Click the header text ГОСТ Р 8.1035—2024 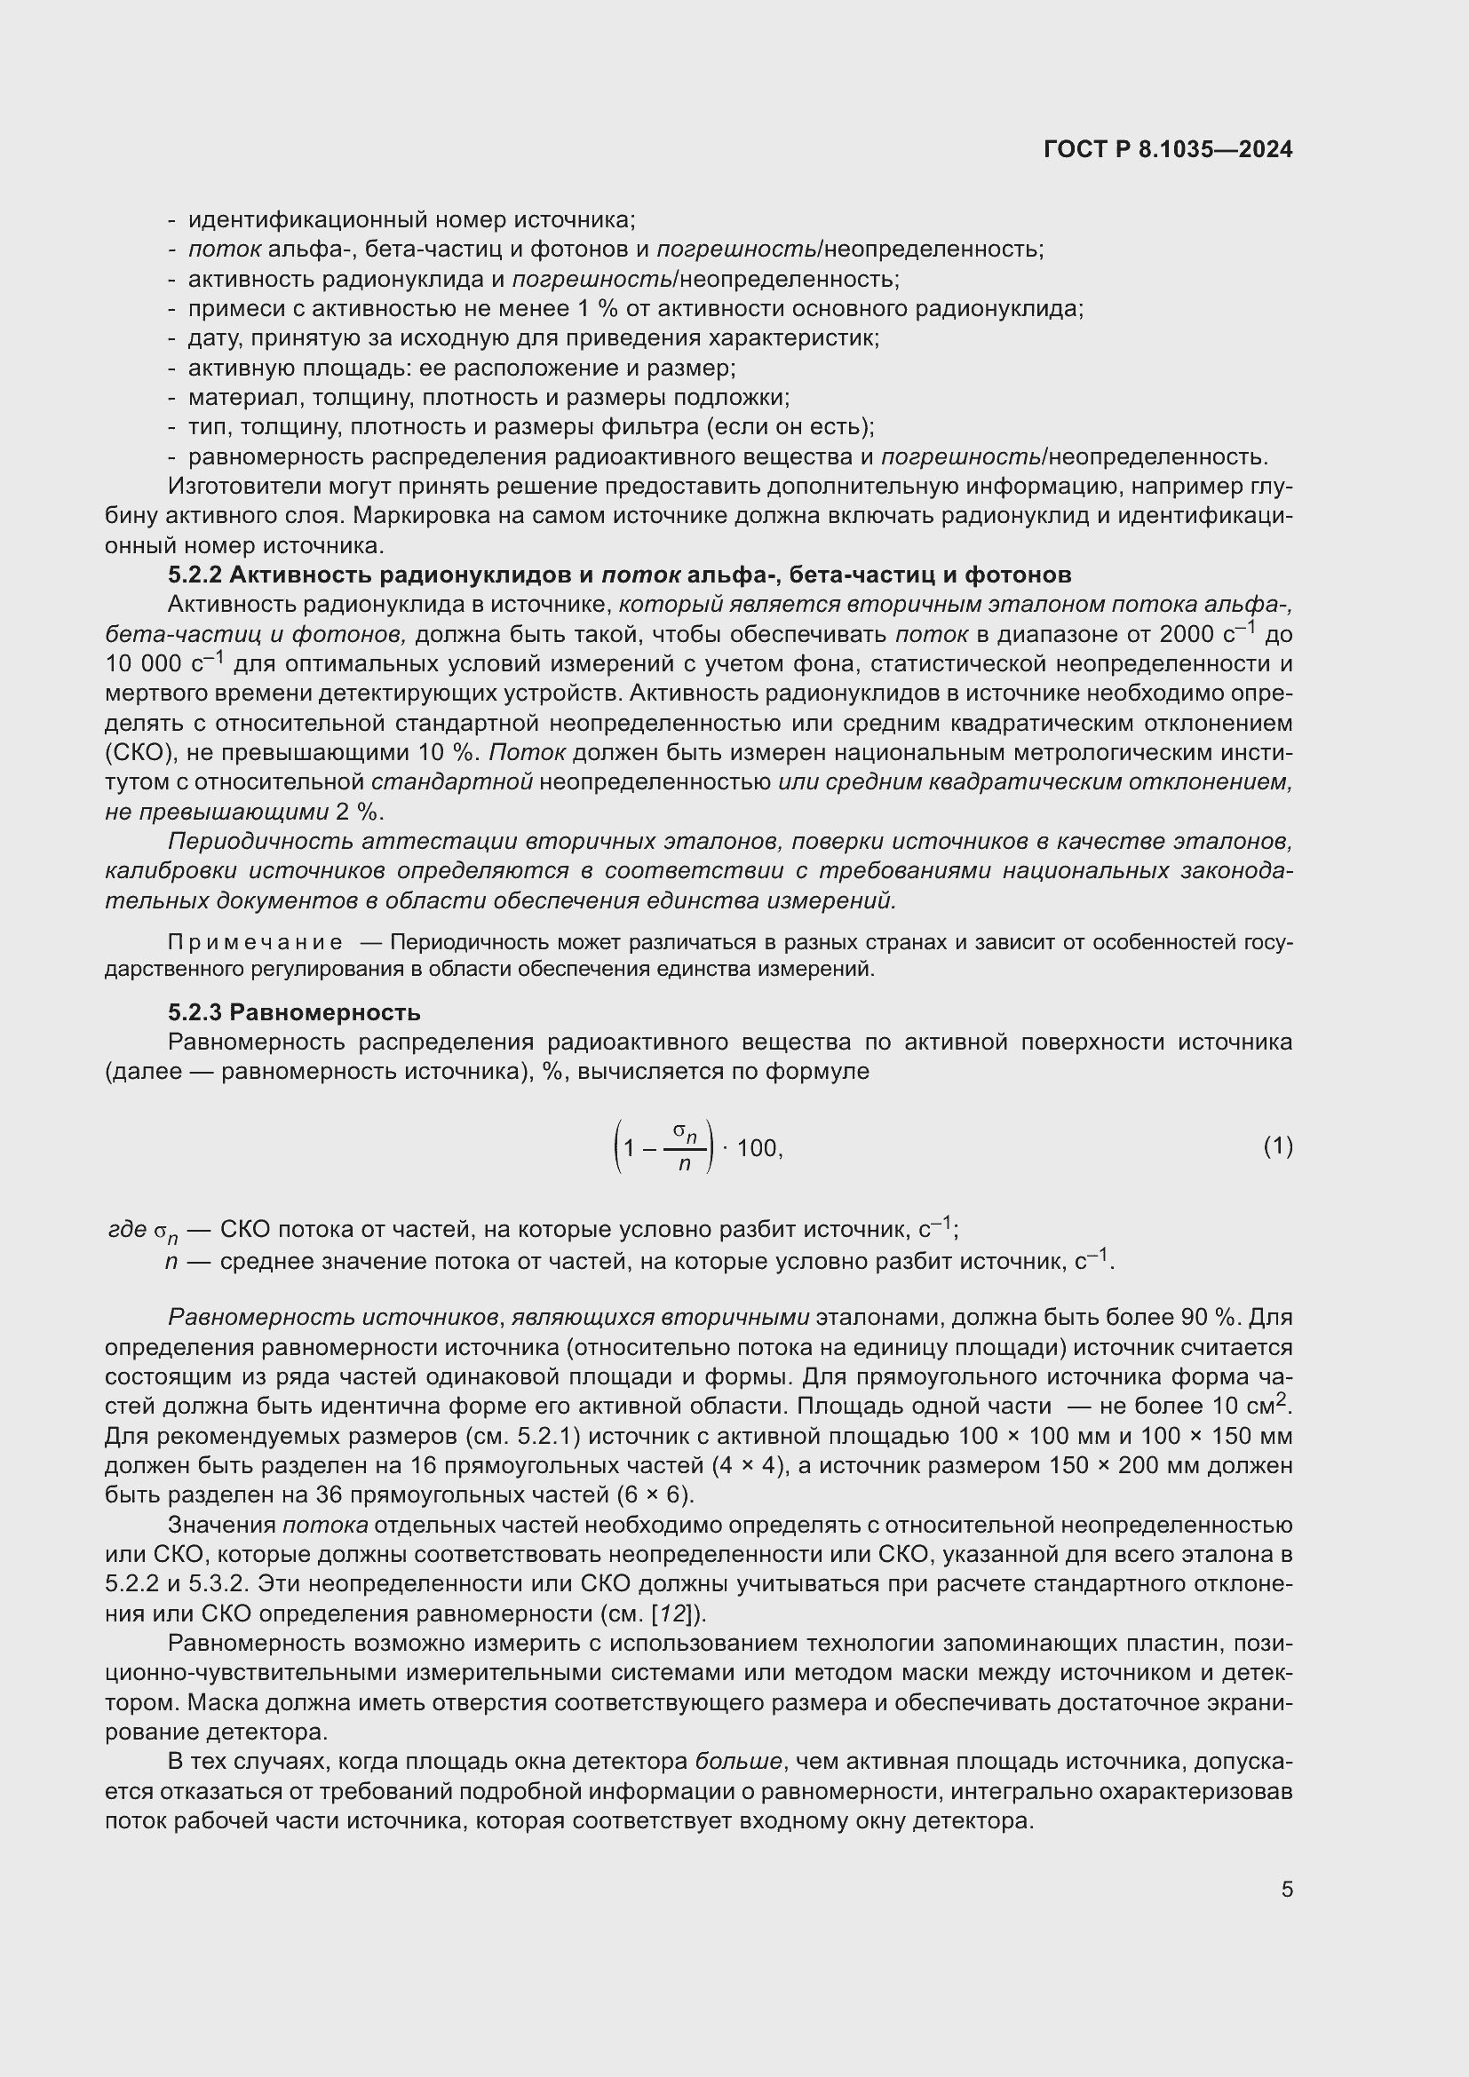1167,150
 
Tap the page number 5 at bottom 1286,1889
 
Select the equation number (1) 1277,1147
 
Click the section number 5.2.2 195,575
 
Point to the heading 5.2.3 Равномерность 294,1012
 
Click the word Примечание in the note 254,943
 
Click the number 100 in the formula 756,1149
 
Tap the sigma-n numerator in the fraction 685,1131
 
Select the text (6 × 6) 655,1494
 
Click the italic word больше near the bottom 738,1761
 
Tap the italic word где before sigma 127,1229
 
